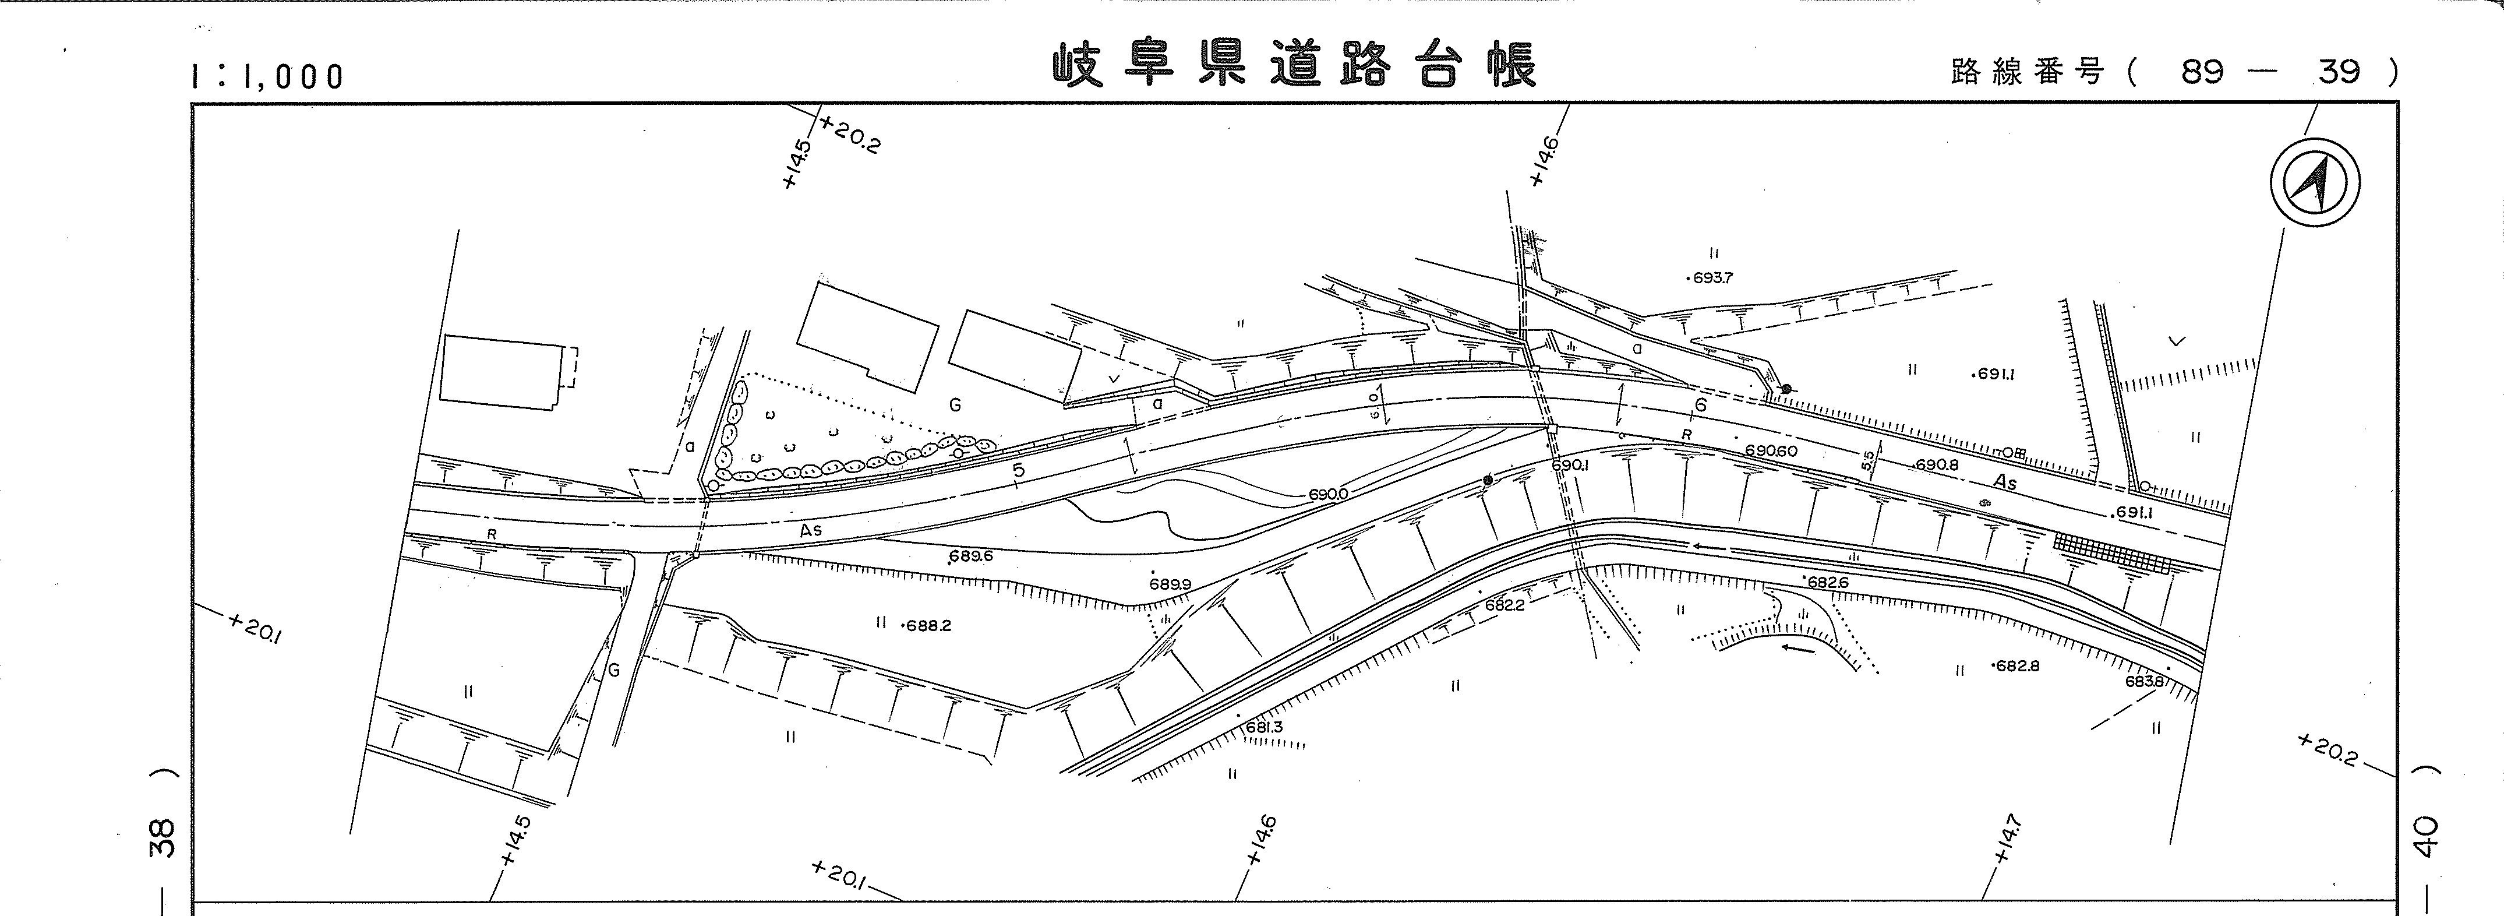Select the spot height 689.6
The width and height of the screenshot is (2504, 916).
coord(970,557)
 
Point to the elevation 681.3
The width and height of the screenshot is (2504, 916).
coord(1264,727)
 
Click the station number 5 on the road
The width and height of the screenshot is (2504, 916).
coord(1019,471)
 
